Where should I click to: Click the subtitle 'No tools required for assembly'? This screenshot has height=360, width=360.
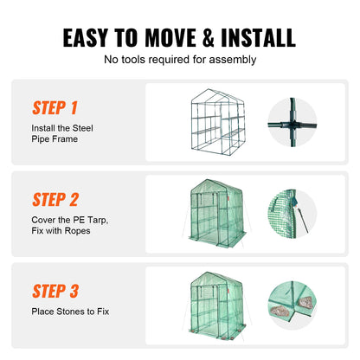[180, 60]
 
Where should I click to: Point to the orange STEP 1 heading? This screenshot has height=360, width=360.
[55, 108]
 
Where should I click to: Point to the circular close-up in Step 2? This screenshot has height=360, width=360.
[293, 215]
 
